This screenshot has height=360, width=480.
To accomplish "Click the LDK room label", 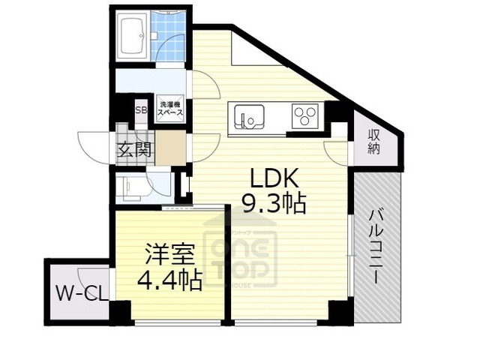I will click(274, 178).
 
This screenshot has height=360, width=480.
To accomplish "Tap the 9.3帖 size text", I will click(274, 202).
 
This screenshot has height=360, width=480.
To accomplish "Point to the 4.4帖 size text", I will click(169, 280).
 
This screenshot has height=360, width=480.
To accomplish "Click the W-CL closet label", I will click(78, 292).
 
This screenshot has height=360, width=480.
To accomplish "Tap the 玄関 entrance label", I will click(134, 148).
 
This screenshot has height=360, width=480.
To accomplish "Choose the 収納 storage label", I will click(373, 141).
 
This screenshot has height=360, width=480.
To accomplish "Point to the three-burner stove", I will click(304, 116).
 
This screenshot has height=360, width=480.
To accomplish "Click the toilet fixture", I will click(133, 185).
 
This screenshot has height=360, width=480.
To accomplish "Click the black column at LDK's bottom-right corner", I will click(339, 310).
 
